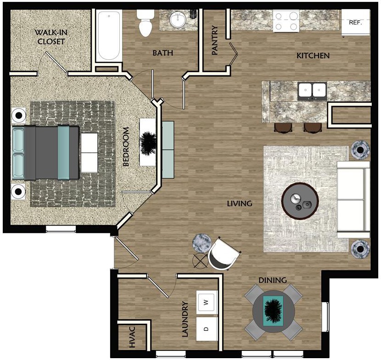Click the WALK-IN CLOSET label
(x=51, y=37)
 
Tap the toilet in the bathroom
(x=146, y=23)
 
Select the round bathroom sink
(x=178, y=20)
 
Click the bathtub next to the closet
(x=109, y=36)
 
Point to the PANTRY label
(x=215, y=40)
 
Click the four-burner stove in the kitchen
(x=286, y=21)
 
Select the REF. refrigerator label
(x=355, y=22)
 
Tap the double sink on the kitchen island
(x=312, y=90)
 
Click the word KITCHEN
(x=313, y=56)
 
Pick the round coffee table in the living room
(x=300, y=201)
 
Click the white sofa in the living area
(x=353, y=200)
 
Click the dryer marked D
(x=207, y=329)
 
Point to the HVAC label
(x=132, y=337)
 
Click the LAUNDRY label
(x=185, y=319)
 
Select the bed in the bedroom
(x=46, y=152)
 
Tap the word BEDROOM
(x=126, y=147)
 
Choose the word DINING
(x=272, y=280)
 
